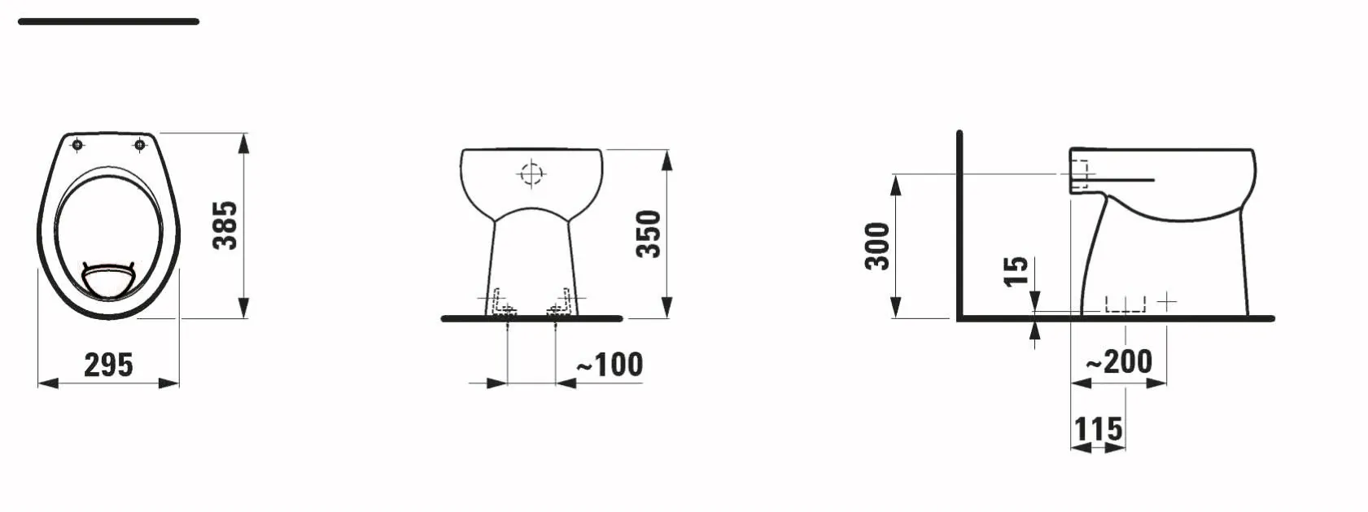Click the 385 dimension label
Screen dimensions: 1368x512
[225, 225]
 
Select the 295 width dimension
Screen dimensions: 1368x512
[108, 365]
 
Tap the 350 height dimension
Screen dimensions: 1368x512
[649, 234]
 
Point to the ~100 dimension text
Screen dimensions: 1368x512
[610, 365]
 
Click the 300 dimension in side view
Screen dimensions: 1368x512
[877, 246]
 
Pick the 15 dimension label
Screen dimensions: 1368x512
[1016, 271]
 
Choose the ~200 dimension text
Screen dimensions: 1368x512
[1119, 361]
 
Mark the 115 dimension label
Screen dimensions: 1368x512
[1098, 429]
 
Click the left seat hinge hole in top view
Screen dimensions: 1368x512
[77, 145]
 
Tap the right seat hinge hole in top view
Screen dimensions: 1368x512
[140, 145]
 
